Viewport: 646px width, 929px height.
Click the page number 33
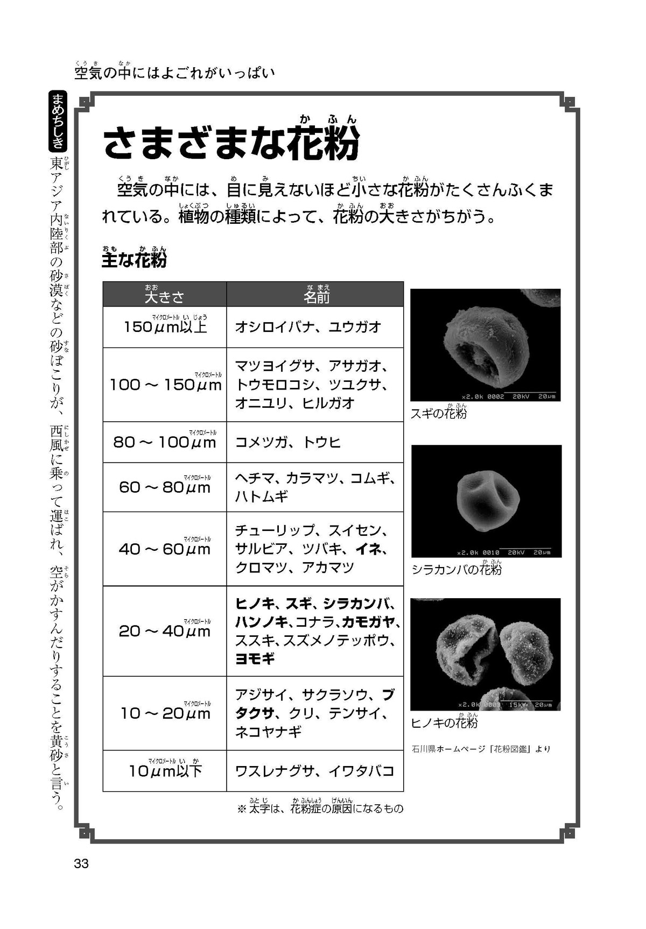coord(81,864)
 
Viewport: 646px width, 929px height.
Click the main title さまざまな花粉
coord(231,144)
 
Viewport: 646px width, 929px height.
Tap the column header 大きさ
coord(164,296)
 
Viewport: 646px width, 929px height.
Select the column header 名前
coord(316,296)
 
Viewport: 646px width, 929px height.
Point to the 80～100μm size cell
coord(165,442)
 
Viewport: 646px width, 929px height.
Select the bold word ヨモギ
coord(255,658)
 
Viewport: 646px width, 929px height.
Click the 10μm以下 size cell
coord(165,771)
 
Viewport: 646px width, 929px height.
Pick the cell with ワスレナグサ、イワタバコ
coord(315,771)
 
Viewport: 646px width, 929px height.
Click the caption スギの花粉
coord(438,414)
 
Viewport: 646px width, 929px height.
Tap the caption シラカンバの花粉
coord(457,570)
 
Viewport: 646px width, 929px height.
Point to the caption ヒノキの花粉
coord(444,723)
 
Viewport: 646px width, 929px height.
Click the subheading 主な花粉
coord(134,260)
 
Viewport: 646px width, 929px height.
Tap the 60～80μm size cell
coord(165,487)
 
